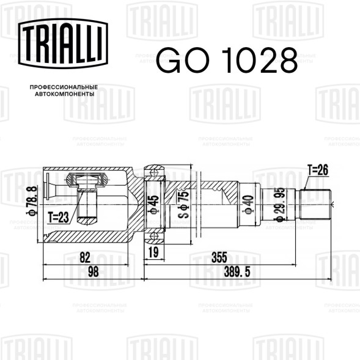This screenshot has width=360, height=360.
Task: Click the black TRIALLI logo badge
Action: click(x=63, y=43)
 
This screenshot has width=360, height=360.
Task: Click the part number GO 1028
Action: click(x=227, y=60)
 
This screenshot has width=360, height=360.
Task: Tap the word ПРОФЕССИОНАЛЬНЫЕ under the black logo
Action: click(x=64, y=87)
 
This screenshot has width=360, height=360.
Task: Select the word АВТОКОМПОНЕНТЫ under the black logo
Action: click(x=65, y=94)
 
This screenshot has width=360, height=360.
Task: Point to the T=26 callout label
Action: click(x=318, y=170)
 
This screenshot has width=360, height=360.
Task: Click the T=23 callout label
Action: click(x=58, y=217)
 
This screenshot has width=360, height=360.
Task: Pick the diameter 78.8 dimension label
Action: click(x=32, y=200)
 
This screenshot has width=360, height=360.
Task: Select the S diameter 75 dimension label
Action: click(x=184, y=204)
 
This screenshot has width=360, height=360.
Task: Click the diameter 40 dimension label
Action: click(x=249, y=205)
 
